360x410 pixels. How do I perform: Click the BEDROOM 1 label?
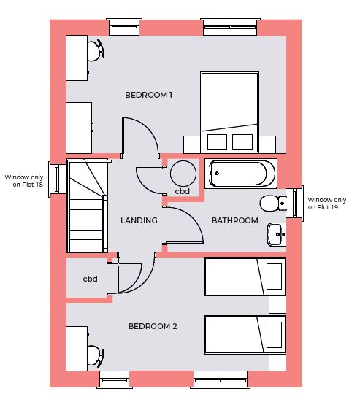pos(148,95)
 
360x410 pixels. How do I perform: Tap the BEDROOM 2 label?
pos(153,326)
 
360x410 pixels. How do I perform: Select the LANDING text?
pos(139,220)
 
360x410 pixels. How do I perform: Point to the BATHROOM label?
pos(235,220)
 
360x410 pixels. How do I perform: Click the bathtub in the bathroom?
pos(241,174)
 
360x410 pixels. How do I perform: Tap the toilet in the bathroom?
pos(273,203)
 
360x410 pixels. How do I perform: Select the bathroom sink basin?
pos(276,235)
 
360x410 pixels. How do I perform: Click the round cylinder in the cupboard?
pos(183,174)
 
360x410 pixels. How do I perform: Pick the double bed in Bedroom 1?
pos(229,112)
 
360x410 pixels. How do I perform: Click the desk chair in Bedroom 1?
pos(96,50)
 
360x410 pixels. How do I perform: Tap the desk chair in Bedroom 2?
pos(96,356)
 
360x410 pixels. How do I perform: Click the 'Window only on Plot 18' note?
pos(24,181)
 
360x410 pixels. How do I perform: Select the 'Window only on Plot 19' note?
pos(327,204)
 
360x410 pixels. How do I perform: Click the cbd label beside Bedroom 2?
pos(90,279)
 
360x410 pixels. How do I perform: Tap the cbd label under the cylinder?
pos(183,192)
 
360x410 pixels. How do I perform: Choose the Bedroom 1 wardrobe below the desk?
pos(79,128)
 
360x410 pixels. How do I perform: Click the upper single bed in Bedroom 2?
pos(245,276)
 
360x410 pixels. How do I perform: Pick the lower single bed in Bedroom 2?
pos(245,335)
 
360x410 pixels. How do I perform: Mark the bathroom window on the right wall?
pos(295,204)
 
